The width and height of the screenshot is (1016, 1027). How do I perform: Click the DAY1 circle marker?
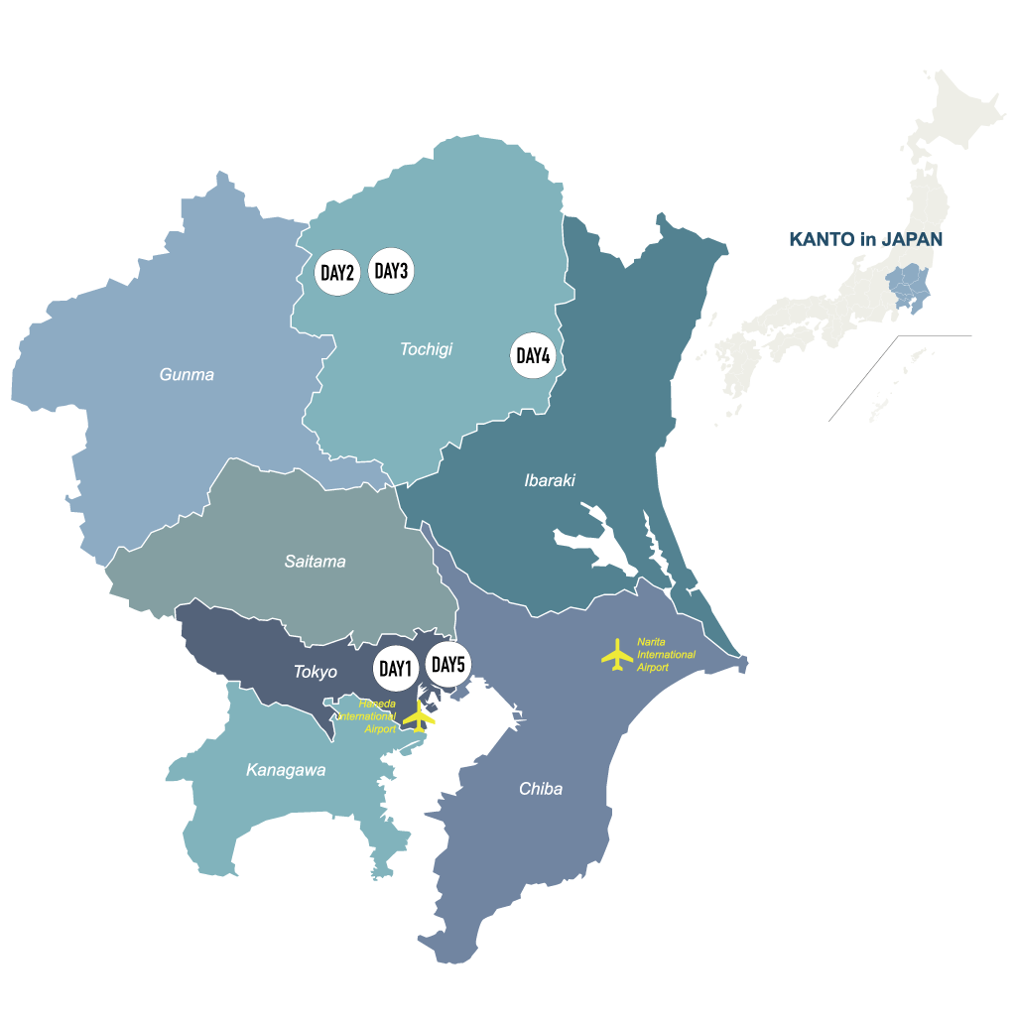(x=395, y=669)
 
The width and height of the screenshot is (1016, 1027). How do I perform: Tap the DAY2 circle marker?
(x=337, y=273)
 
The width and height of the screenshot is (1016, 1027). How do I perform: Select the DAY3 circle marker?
(x=392, y=271)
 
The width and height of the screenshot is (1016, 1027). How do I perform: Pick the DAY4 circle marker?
(x=533, y=355)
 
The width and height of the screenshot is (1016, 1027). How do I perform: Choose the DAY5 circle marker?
(x=447, y=665)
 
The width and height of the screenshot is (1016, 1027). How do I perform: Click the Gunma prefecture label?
(x=187, y=375)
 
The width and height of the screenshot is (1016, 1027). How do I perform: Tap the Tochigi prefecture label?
(x=426, y=349)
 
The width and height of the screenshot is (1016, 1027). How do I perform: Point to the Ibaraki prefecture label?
(x=550, y=481)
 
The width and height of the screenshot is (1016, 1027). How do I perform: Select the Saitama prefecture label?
(x=315, y=562)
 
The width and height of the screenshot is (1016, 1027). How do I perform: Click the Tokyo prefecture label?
(x=315, y=672)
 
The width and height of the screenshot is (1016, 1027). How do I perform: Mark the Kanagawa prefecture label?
(x=286, y=770)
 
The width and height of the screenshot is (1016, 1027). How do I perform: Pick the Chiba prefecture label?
(x=541, y=789)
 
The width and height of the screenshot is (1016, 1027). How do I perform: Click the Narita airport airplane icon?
(x=617, y=654)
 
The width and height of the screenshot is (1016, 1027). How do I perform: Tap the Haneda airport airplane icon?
(x=423, y=716)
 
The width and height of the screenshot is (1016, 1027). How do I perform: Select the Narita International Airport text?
(x=666, y=655)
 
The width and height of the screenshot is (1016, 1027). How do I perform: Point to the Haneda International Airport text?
(x=369, y=715)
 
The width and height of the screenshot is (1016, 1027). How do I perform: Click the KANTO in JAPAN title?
(x=865, y=239)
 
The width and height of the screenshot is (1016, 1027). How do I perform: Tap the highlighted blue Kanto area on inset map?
(x=907, y=287)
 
